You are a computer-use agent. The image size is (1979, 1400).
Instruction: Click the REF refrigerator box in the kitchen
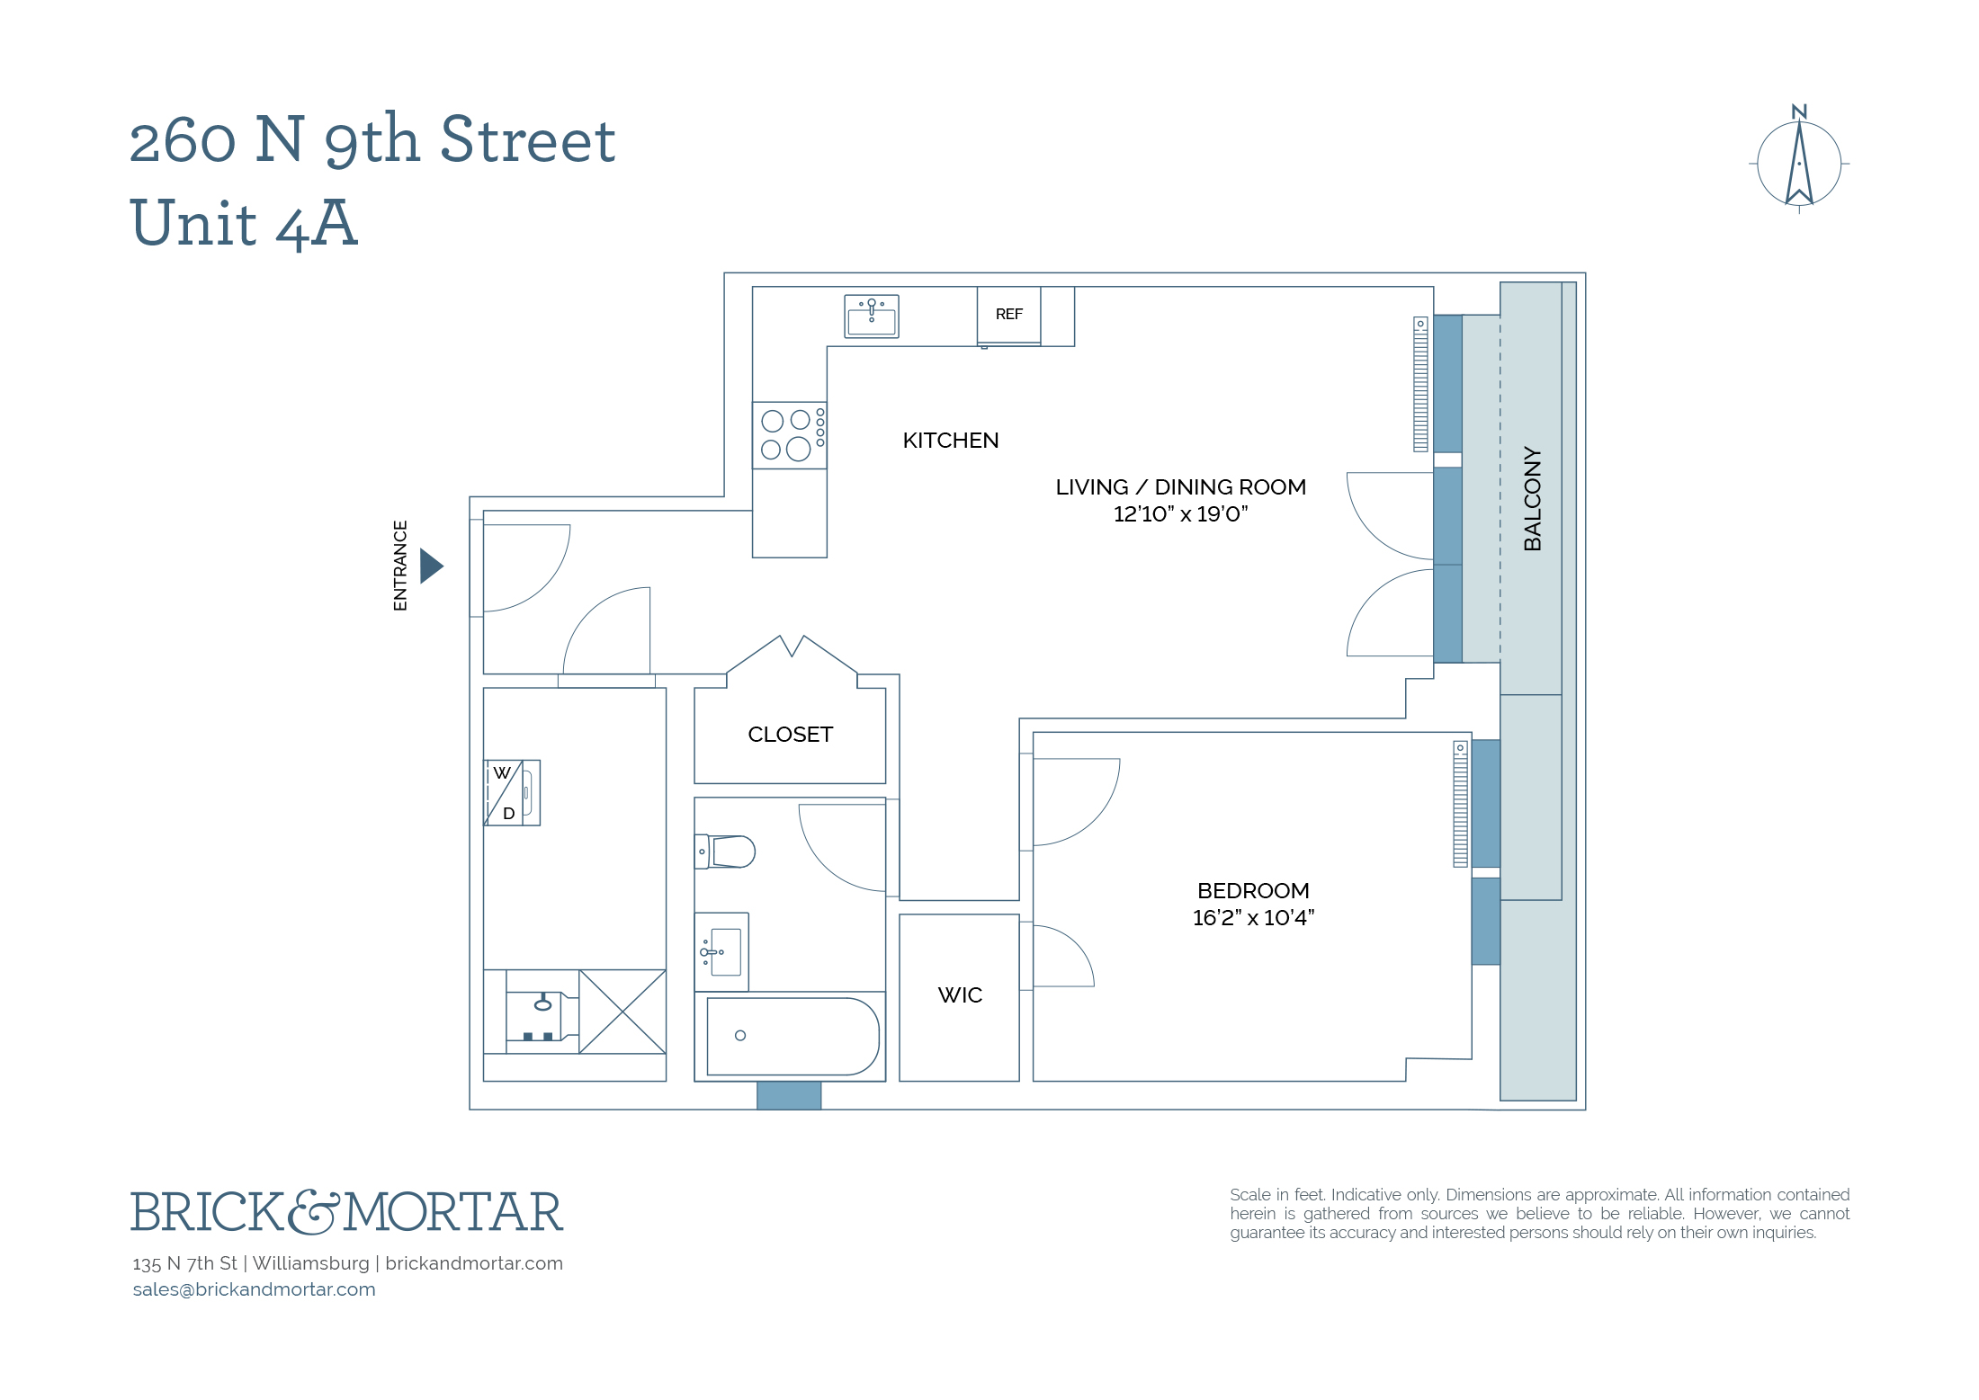(1008, 315)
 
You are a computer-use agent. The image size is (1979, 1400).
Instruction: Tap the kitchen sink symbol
(871, 317)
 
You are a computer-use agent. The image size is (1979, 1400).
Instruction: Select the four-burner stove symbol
(789, 435)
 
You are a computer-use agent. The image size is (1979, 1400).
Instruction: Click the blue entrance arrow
(431, 566)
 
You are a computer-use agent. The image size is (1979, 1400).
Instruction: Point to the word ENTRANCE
(400, 566)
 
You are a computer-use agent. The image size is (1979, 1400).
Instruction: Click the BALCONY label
(1533, 499)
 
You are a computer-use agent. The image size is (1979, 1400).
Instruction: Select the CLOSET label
(790, 735)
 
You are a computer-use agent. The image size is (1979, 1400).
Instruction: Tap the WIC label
(960, 995)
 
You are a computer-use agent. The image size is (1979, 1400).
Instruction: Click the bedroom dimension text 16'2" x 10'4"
(1253, 918)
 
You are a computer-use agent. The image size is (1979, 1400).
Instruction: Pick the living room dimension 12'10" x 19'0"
(1180, 514)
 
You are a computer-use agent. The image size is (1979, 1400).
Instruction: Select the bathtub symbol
(792, 1037)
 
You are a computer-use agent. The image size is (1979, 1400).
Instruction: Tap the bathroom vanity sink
(722, 952)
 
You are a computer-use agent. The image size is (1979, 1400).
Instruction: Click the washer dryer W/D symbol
(512, 793)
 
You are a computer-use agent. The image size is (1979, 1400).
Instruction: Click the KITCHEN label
(950, 441)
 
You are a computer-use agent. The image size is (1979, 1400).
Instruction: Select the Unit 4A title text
(244, 223)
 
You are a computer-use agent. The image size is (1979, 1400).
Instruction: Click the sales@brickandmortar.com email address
(254, 1289)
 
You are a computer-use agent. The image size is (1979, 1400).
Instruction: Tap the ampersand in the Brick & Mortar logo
(314, 1212)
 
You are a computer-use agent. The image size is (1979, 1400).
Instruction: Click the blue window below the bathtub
(788, 1096)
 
